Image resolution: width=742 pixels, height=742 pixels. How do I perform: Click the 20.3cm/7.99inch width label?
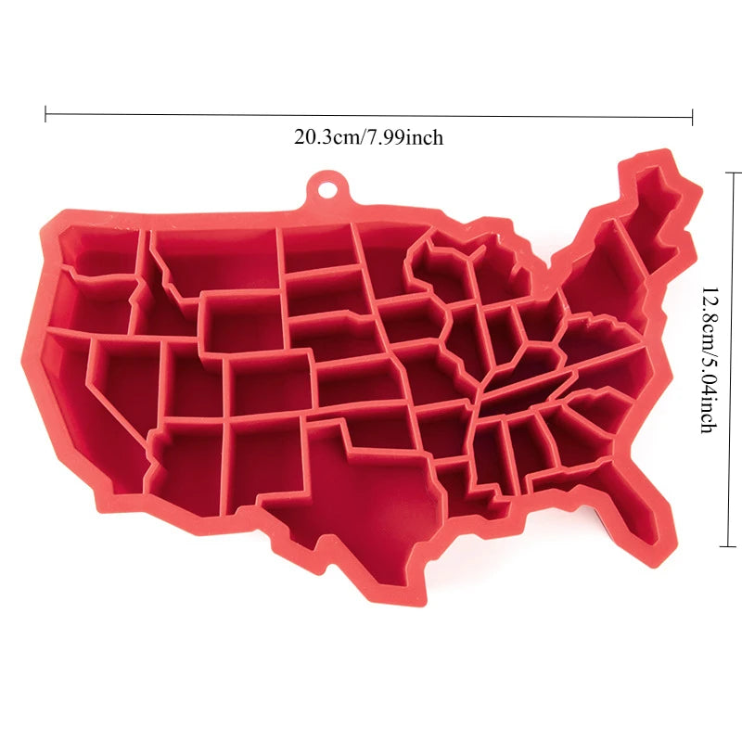click(x=369, y=138)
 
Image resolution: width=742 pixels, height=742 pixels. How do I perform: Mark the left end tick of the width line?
click(x=45, y=113)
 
